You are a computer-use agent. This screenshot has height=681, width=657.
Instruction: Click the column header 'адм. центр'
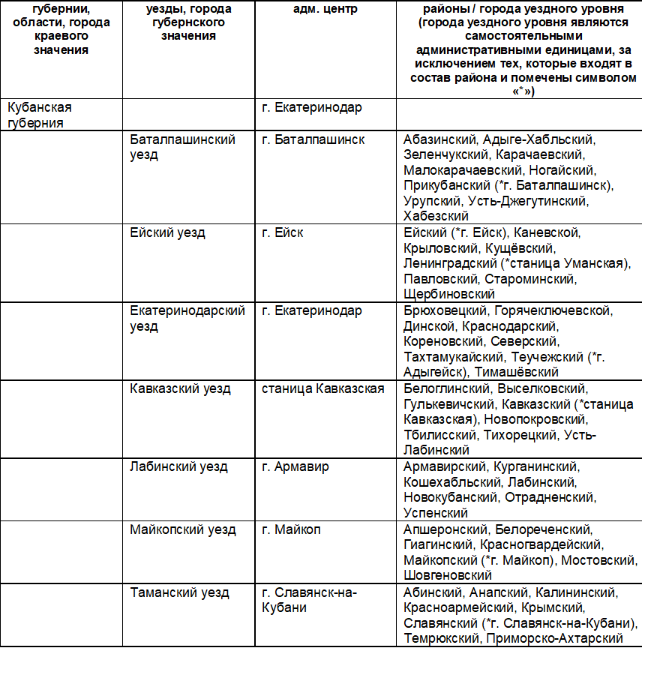[321, 10]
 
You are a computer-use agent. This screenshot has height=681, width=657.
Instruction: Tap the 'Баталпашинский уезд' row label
[182, 147]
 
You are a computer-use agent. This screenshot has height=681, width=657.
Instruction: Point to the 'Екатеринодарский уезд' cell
[187, 318]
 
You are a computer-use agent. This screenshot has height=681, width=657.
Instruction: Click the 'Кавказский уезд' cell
[180, 388]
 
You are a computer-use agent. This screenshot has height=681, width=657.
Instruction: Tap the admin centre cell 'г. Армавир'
[295, 466]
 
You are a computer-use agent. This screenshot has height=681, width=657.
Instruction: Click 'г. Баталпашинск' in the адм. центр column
[313, 139]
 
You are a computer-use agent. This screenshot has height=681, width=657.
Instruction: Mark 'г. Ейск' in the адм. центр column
[283, 232]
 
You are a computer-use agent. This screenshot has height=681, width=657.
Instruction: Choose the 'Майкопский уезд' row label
[182, 529]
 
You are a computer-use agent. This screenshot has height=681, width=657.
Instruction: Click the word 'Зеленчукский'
[446, 154]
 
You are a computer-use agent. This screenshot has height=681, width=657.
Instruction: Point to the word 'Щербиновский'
[449, 294]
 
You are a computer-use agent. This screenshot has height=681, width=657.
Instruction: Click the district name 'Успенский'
[436, 513]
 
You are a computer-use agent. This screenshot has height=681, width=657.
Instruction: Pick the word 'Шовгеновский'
[448, 575]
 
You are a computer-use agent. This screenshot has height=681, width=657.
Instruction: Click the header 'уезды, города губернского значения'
[188, 22]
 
